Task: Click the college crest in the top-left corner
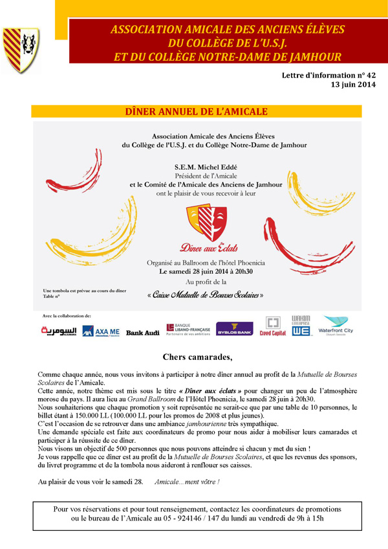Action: point(21,50)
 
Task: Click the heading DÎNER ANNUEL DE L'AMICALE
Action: point(196,112)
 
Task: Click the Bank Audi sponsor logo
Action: point(142,331)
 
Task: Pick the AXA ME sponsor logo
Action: point(101,331)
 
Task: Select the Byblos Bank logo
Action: point(234,329)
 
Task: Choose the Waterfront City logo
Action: point(336,327)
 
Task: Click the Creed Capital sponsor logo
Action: point(274,328)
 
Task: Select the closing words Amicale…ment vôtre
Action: point(187,482)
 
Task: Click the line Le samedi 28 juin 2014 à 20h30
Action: point(206,272)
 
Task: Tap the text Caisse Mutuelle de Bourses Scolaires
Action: point(206,295)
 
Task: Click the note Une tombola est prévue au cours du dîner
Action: point(81,290)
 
